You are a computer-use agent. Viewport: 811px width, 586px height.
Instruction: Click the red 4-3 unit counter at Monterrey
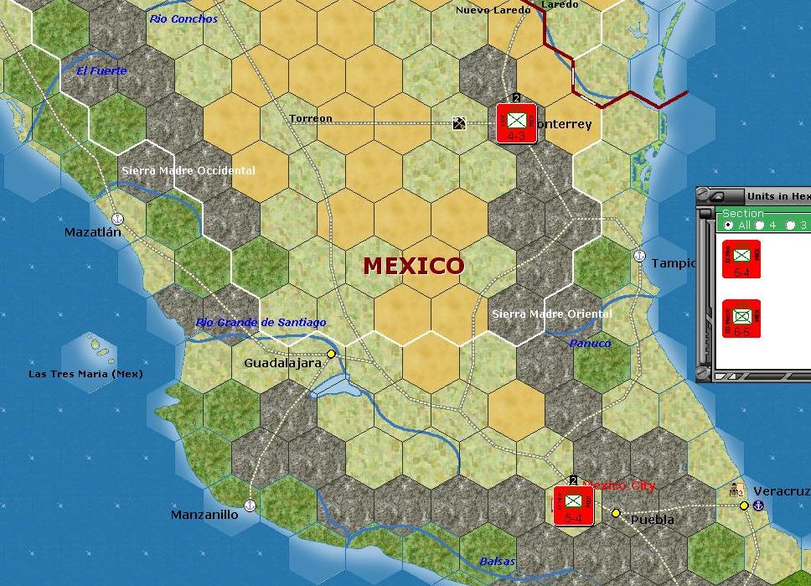pos(516,123)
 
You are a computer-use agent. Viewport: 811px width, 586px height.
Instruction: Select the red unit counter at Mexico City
pos(573,506)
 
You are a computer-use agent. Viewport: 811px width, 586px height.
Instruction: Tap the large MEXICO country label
pos(413,266)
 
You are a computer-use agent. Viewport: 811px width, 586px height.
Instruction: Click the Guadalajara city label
pos(282,363)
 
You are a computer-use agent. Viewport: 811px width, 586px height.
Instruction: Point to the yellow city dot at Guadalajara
pos(331,355)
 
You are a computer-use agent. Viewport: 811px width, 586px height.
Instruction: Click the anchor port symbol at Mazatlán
pos(117,218)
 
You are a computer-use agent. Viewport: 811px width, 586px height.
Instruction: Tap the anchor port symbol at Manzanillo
pos(249,505)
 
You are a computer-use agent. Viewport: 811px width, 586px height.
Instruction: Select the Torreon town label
pos(311,118)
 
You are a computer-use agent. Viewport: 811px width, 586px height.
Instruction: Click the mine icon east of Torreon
pos(459,123)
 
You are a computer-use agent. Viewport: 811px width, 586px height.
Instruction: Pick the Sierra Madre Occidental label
pos(189,170)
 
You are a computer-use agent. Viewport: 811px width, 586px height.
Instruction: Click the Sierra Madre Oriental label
pos(551,314)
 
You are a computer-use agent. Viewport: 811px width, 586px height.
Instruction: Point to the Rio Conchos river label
pos(183,18)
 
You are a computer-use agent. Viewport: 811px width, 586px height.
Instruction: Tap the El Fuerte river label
pos(101,70)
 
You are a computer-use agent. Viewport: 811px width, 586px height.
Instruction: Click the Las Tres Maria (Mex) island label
pos(85,374)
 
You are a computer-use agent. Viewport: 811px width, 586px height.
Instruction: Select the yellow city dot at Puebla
pos(616,513)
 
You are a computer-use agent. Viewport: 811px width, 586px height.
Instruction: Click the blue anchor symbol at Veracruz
pos(759,506)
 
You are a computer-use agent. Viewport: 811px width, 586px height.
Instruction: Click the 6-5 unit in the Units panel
pos(741,319)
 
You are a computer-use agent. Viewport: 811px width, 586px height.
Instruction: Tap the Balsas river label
pos(498,561)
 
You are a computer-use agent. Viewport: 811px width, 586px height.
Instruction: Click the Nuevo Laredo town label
pos(493,10)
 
